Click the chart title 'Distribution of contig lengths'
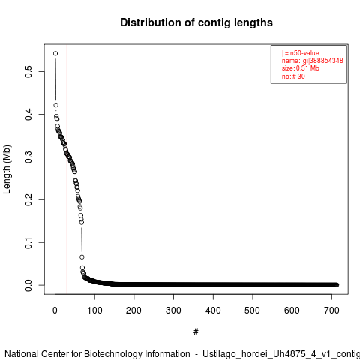[x=196, y=22]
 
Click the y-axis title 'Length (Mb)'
[x=7, y=169]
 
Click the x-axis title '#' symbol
[x=196, y=332]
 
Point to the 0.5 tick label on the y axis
[x=28, y=71]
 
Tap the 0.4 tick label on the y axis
[x=28, y=114]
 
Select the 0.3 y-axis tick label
[x=28, y=157]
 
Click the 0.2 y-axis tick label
[x=28, y=199]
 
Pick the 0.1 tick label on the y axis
[x=28, y=242]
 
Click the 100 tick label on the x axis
[x=94, y=310]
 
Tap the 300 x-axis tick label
[x=173, y=310]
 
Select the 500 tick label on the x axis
[x=253, y=310]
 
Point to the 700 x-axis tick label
[x=331, y=310]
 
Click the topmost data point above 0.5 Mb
[x=55, y=53]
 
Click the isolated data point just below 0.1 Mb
[x=82, y=257]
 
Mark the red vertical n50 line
[x=67, y=169]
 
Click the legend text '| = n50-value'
[x=301, y=53]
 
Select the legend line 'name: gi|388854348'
[x=313, y=61]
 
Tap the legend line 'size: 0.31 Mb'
[x=301, y=68]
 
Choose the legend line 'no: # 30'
[x=293, y=76]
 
